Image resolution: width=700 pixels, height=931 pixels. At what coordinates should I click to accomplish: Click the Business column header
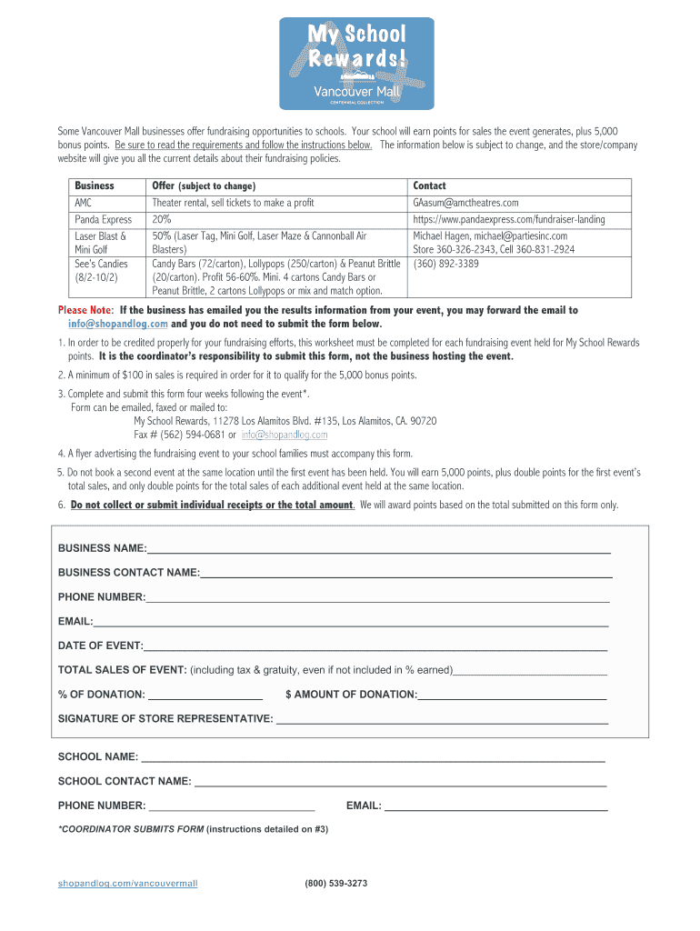(x=94, y=185)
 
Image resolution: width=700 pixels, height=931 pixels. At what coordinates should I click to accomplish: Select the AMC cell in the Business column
(x=83, y=203)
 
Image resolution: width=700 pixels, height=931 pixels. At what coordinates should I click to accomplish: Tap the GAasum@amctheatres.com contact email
(x=465, y=203)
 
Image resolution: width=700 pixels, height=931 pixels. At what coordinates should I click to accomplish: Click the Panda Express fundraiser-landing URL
(x=508, y=219)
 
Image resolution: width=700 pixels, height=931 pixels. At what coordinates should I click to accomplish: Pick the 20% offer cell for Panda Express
(x=162, y=219)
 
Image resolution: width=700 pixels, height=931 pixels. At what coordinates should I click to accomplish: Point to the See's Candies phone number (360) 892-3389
(x=446, y=264)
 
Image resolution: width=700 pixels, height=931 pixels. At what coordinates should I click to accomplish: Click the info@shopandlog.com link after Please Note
(x=117, y=324)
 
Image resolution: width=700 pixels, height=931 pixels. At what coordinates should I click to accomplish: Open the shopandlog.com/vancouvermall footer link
(x=127, y=883)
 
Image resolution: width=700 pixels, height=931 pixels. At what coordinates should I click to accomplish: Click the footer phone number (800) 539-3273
(x=336, y=883)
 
